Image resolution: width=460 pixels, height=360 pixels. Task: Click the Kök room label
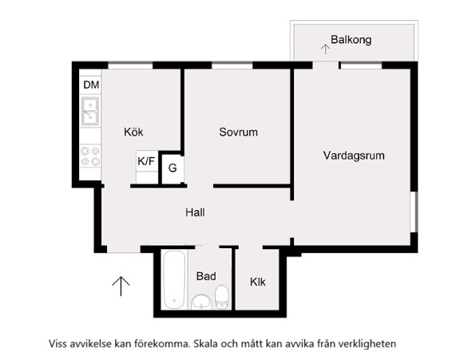pyautogui.click(x=133, y=132)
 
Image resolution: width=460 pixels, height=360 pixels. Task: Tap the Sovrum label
pyautogui.click(x=239, y=132)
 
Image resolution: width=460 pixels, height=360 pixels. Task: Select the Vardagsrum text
pyautogui.click(x=354, y=156)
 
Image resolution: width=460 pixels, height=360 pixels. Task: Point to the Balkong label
pyautogui.click(x=351, y=40)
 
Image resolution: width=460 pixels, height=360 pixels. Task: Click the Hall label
pyautogui.click(x=195, y=212)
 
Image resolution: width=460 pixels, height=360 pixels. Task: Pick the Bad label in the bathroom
pyautogui.click(x=206, y=276)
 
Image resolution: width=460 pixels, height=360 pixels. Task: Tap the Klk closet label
pyautogui.click(x=258, y=282)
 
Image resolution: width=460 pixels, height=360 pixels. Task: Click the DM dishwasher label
pyautogui.click(x=91, y=85)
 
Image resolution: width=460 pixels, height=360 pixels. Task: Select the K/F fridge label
pyautogui.click(x=146, y=161)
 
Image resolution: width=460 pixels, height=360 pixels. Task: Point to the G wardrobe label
pyautogui.click(x=172, y=168)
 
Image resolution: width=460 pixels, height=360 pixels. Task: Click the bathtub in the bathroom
pyautogui.click(x=174, y=279)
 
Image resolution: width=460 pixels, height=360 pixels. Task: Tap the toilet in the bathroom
pyautogui.click(x=221, y=297)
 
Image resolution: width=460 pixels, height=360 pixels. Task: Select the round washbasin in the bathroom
pyautogui.click(x=201, y=302)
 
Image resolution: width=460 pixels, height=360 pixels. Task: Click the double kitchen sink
pyautogui.click(x=90, y=112)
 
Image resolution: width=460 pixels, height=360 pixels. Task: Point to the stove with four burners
pyautogui.click(x=90, y=156)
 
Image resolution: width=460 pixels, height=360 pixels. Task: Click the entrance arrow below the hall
pyautogui.click(x=121, y=286)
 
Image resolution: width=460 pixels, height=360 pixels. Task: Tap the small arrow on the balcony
pyautogui.click(x=325, y=49)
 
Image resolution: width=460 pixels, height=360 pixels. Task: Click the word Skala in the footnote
pyautogui.click(x=204, y=343)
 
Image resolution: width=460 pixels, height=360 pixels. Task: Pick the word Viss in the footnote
pyautogui.click(x=58, y=343)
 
